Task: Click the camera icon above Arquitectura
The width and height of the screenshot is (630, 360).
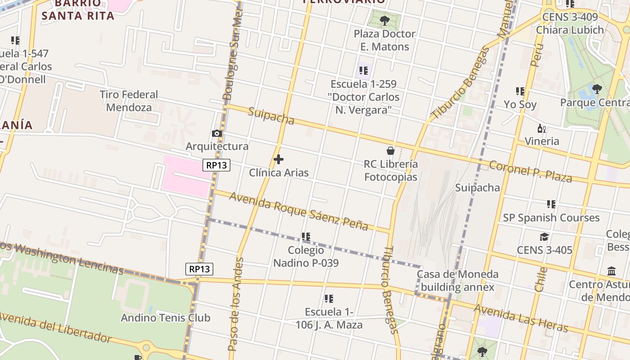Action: click(x=217, y=133)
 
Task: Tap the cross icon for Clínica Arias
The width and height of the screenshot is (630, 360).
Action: click(x=279, y=159)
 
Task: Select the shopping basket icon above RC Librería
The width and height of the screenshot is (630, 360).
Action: click(x=391, y=151)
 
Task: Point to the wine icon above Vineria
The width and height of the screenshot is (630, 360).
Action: click(x=542, y=129)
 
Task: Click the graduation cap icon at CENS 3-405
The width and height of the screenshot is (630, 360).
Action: click(x=544, y=237)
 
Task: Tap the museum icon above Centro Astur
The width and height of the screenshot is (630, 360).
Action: click(x=612, y=271)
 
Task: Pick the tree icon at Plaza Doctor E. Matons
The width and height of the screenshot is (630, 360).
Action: click(x=384, y=20)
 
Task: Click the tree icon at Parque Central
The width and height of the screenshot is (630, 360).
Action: click(x=597, y=89)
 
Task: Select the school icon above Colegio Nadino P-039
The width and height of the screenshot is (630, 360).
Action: click(x=306, y=237)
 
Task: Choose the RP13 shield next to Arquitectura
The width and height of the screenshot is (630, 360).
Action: click(x=216, y=165)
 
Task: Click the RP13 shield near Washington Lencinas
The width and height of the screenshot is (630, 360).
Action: click(x=199, y=269)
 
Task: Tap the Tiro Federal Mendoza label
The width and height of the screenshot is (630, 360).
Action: click(x=129, y=101)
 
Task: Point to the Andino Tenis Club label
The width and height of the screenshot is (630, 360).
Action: click(x=166, y=318)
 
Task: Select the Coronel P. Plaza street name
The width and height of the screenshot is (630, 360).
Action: click(x=531, y=171)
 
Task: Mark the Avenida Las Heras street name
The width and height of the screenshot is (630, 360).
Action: click(x=521, y=318)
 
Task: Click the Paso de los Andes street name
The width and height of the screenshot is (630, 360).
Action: click(x=235, y=304)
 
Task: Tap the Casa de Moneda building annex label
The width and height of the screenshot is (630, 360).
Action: click(x=458, y=280)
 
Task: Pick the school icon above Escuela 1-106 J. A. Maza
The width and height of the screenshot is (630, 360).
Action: click(x=329, y=299)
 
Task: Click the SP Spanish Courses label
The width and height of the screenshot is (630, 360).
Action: click(x=551, y=218)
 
